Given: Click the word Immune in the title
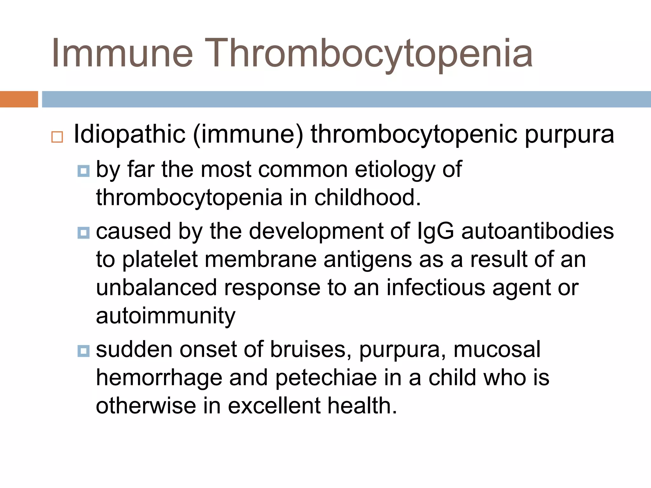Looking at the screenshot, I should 122,53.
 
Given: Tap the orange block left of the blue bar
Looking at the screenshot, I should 19,99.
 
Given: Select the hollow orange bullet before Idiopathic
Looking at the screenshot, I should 57,137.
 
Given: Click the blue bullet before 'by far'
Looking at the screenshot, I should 83,171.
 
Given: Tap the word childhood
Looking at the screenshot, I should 367,198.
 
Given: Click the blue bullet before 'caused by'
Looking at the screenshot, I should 83,233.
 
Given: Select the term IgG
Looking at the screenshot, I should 435,231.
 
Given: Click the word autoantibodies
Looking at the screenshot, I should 538,231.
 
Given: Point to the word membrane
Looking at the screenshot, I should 261,259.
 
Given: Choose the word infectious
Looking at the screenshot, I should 436,288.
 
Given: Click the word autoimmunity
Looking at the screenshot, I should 166,316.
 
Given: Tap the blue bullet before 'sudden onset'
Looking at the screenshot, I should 83,351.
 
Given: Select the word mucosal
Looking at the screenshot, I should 497,350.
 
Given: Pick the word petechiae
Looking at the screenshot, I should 326,378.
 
